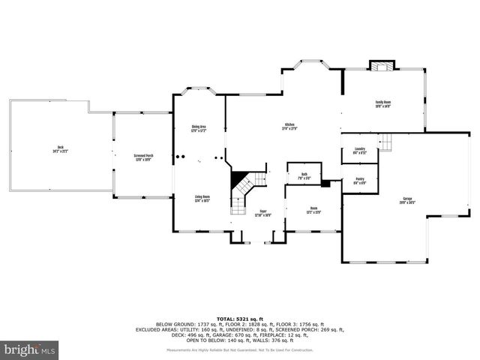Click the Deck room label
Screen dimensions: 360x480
point(60,148)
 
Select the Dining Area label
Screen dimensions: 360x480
point(198,128)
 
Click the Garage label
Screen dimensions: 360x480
point(406,200)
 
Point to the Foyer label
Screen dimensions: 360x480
point(263,213)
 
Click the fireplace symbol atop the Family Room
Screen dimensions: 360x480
point(383,66)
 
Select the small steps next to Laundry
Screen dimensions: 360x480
point(385,142)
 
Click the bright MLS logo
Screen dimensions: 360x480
point(29,349)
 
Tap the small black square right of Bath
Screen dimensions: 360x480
point(325,182)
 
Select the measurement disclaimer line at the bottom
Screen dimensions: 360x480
point(239,350)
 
